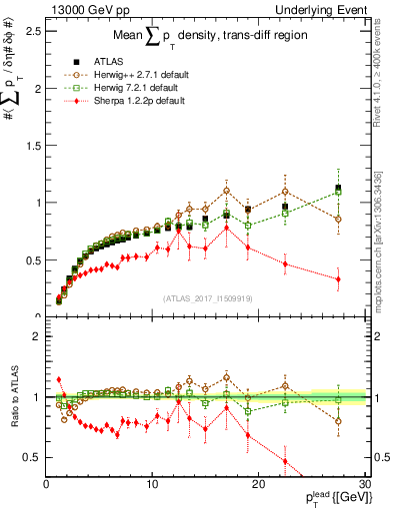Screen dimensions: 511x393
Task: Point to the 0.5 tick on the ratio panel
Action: pyautogui.click(x=32, y=457)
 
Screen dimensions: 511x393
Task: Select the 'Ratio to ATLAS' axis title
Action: pyautogui.click(x=13, y=396)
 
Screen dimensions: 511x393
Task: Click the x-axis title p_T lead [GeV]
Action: pyautogui.click(x=317, y=499)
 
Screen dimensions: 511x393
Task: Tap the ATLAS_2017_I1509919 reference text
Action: pyautogui.click(x=207, y=296)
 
